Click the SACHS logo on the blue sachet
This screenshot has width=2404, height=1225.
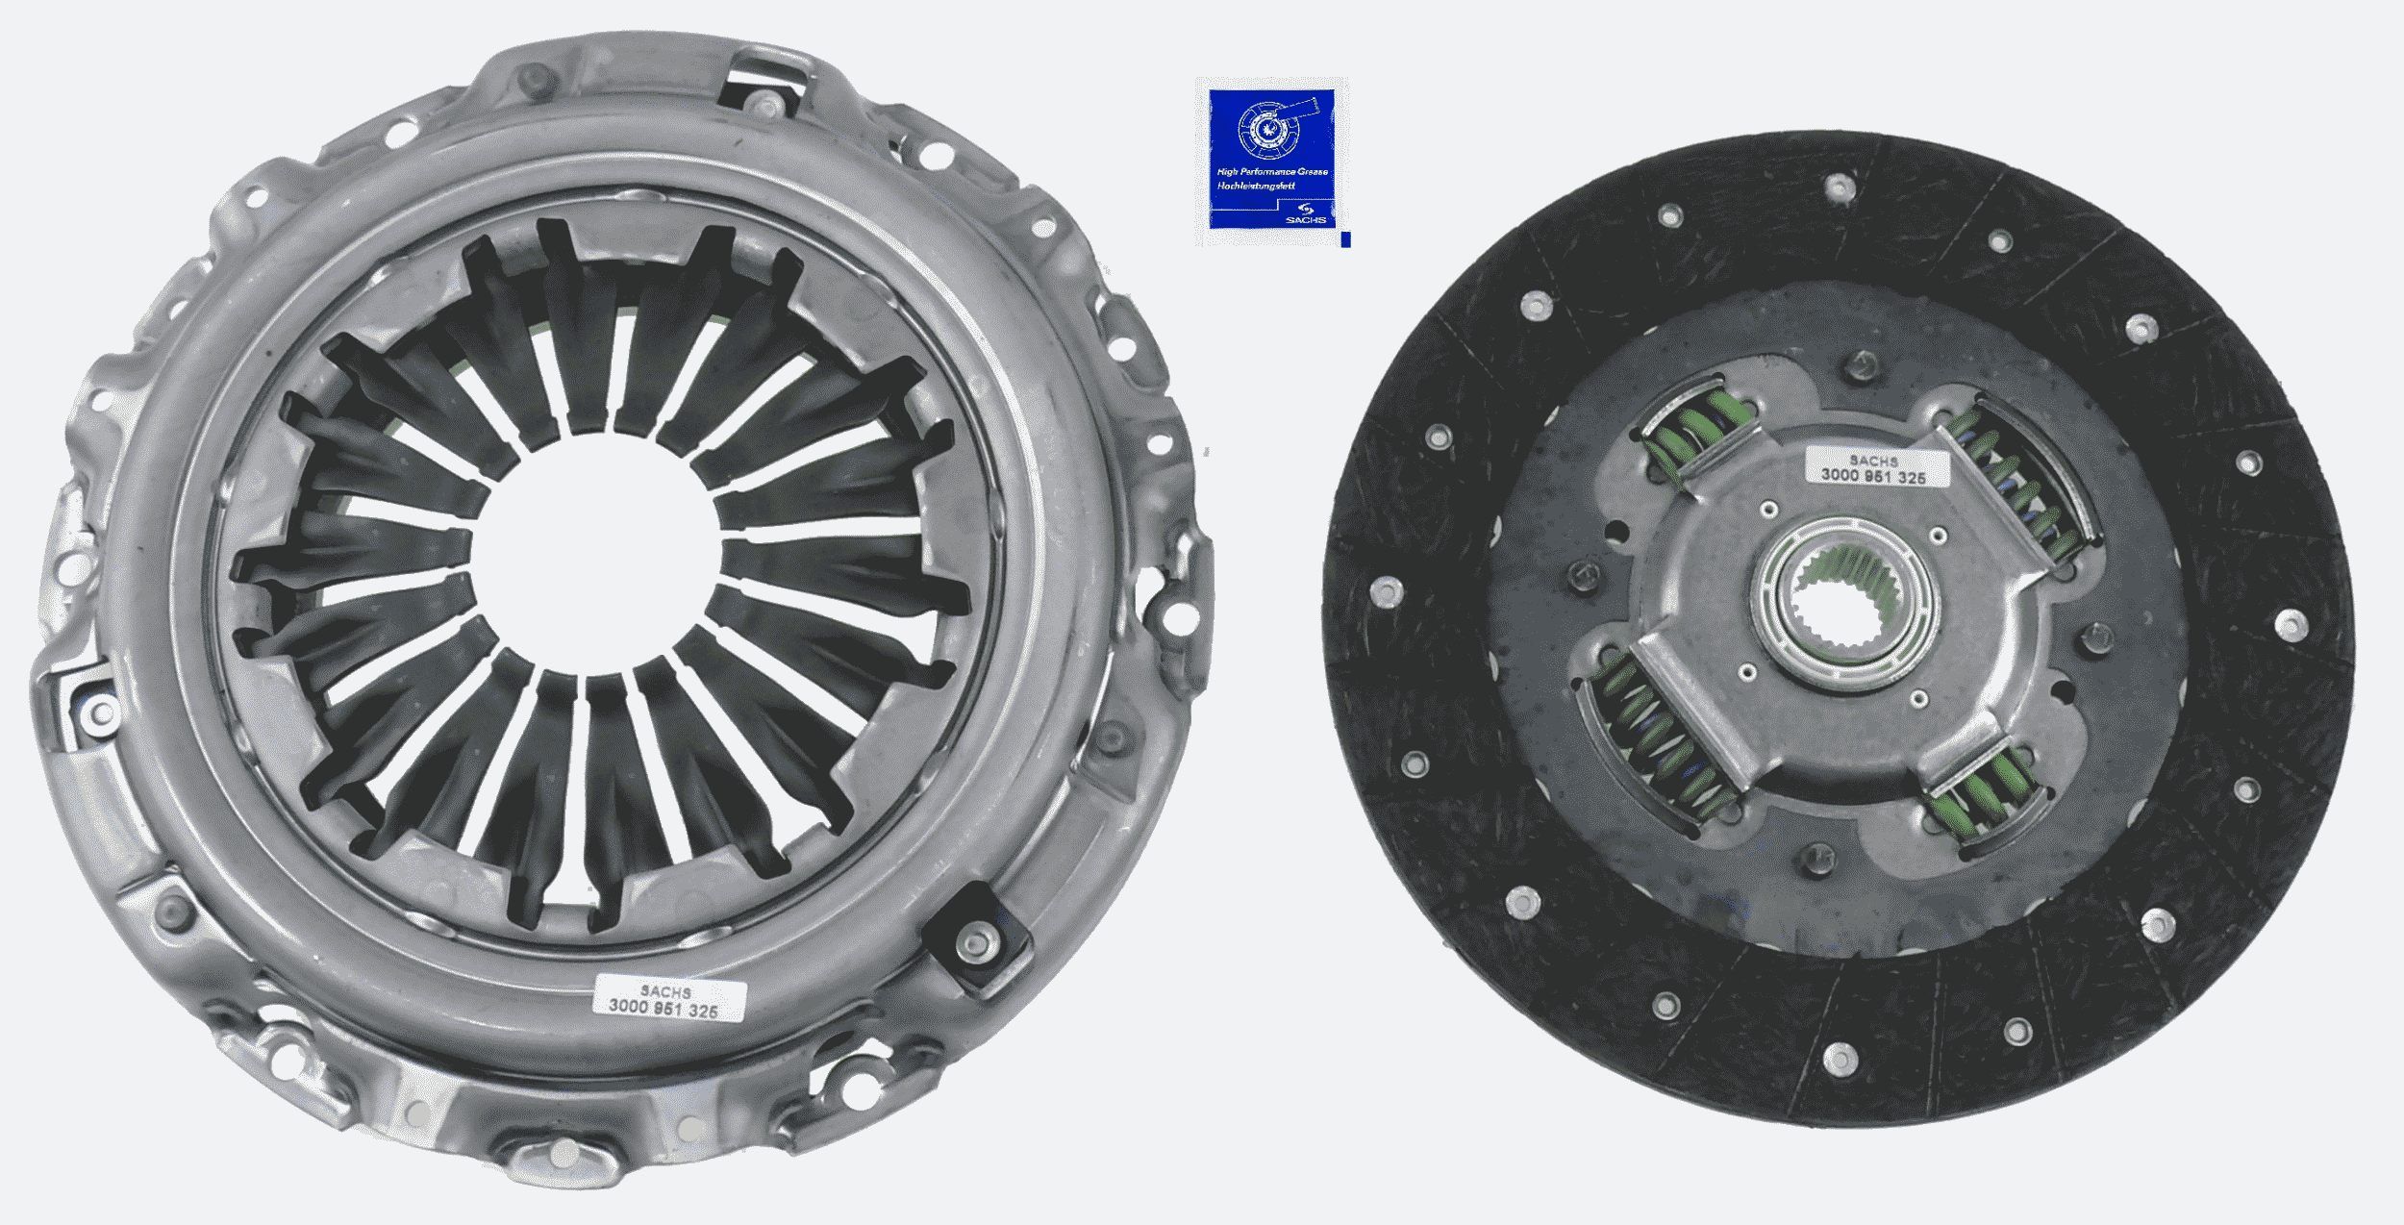[x=1312, y=213]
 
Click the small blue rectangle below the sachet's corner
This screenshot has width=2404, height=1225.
[x=1345, y=239]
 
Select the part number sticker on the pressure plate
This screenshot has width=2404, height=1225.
[x=669, y=1000]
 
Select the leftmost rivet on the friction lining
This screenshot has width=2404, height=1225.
[x=1387, y=588]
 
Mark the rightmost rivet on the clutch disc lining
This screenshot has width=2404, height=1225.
[x=2291, y=626]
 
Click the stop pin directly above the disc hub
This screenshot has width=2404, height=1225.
[x=1864, y=365]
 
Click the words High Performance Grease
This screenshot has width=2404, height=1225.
[x=1271, y=171]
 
